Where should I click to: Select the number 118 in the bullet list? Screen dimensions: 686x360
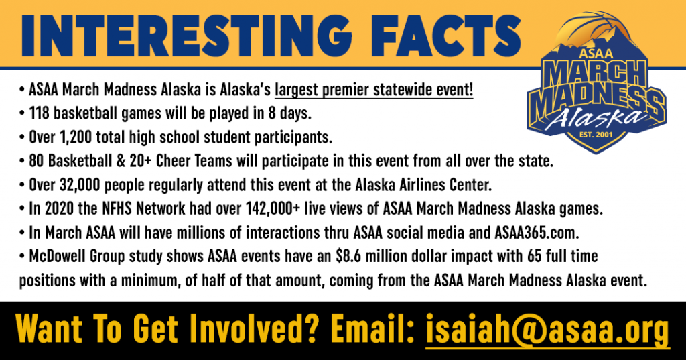click(x=39, y=113)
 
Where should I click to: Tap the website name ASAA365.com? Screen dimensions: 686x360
click(x=537, y=233)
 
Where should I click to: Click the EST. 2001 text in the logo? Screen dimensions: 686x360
click(x=596, y=135)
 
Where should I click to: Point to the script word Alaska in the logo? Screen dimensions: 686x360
click(x=596, y=117)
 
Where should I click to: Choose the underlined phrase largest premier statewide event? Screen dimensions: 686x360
click(x=374, y=90)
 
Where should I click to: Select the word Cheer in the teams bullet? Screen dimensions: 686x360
click(x=174, y=161)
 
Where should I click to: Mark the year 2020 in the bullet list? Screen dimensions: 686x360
click(x=60, y=208)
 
